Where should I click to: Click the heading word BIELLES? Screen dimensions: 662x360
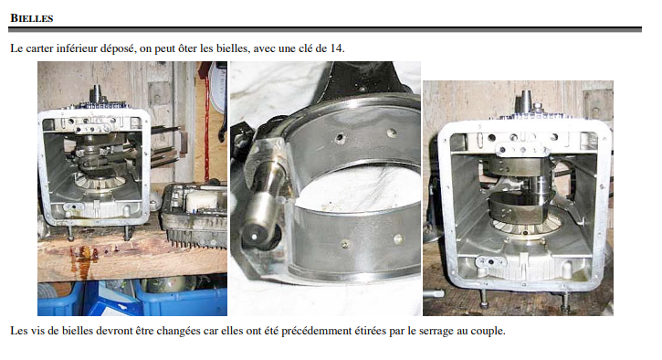pos(32,18)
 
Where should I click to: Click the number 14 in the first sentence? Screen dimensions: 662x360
pos(336,48)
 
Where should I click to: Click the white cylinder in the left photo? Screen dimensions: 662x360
pos(201,203)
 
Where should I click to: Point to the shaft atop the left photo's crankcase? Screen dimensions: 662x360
pos(96,94)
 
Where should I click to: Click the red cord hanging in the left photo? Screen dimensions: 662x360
pos(206,127)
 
